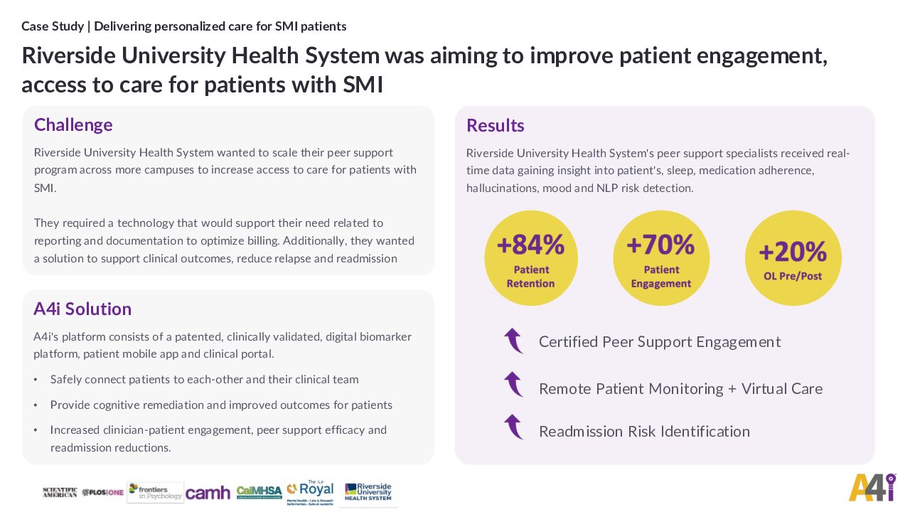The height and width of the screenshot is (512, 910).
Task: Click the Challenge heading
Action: click(73, 125)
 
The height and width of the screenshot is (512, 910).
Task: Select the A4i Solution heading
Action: click(82, 309)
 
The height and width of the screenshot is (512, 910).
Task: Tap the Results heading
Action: click(495, 126)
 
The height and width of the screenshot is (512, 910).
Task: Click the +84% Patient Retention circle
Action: click(530, 258)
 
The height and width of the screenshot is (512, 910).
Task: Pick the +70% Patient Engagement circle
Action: click(660, 258)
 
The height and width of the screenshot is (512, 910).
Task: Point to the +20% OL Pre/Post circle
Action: click(793, 258)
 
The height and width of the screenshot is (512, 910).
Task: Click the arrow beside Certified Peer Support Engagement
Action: click(513, 341)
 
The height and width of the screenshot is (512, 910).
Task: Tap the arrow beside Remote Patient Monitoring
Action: click(513, 385)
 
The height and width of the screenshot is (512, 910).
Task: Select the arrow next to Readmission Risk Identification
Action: click(513, 427)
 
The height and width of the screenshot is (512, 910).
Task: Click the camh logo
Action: click(208, 493)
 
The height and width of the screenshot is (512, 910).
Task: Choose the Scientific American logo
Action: click(60, 492)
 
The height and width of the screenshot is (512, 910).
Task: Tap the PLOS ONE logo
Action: click(102, 492)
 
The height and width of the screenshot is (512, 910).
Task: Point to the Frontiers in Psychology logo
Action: click(156, 492)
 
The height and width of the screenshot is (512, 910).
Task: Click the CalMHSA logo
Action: click(259, 492)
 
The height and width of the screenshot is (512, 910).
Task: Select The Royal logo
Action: click(311, 493)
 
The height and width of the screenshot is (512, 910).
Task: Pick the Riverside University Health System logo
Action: click(368, 492)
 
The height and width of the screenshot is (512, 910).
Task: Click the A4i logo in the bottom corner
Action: click(872, 487)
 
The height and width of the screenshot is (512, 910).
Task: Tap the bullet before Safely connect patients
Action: click(36, 380)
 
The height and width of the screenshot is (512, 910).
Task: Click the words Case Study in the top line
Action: click(52, 26)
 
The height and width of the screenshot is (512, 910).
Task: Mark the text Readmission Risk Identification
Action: click(644, 432)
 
